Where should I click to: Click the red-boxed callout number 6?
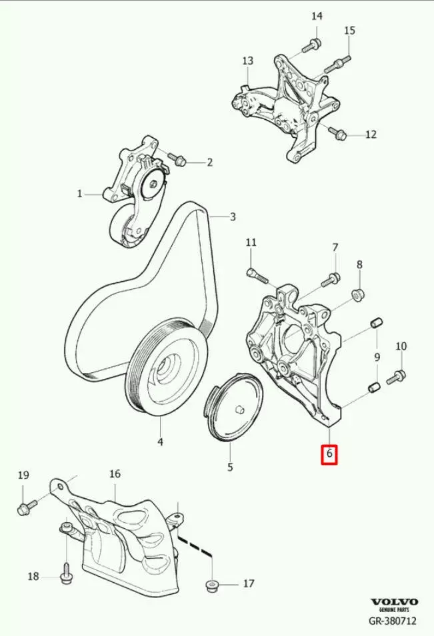pyautogui.click(x=329, y=453)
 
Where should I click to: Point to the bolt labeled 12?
pyautogui.click(x=337, y=133)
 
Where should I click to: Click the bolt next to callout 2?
pyautogui.click(x=177, y=159)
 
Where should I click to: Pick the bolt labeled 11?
pyautogui.click(x=257, y=276)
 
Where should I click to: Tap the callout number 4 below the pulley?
pyautogui.click(x=161, y=442)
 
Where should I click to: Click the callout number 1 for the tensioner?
pyautogui.click(x=79, y=194)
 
